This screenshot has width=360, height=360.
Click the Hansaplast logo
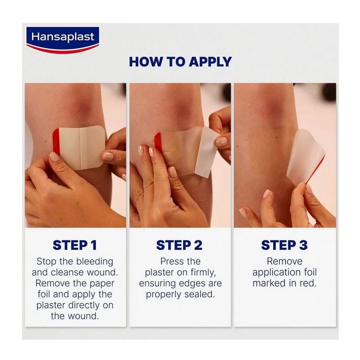click(63, 40)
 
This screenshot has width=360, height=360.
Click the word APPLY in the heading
click(210, 62)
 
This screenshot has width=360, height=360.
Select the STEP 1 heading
click(75, 245)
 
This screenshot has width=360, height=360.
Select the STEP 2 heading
click(179, 245)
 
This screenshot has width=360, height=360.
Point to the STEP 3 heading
click(284, 245)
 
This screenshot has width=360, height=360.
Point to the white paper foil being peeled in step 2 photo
click(206, 152)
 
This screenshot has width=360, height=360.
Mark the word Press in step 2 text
click(170, 261)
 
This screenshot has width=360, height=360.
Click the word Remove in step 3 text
click(284, 261)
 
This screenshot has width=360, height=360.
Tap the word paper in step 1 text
click(102, 284)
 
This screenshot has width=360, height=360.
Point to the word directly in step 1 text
click(86, 306)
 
